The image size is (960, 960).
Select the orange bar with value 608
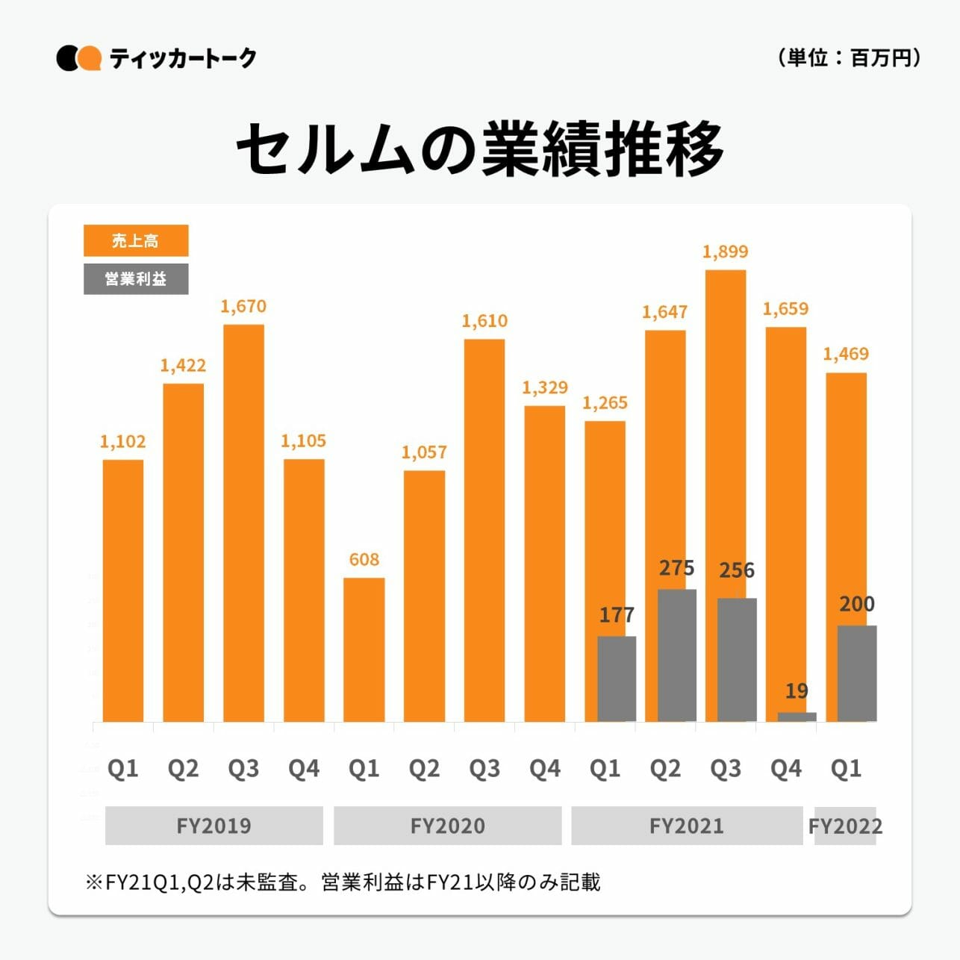pyautogui.click(x=364, y=649)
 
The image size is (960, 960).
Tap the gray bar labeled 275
pyautogui.click(x=677, y=655)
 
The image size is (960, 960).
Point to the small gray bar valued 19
pyautogui.click(x=797, y=717)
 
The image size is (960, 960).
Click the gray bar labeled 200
pyautogui.click(x=857, y=673)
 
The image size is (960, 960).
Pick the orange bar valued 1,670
pyautogui.click(x=243, y=523)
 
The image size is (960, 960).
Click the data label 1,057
pyautogui.click(x=424, y=452)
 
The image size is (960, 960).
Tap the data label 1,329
pyautogui.click(x=545, y=387)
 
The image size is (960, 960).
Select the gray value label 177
pyautogui.click(x=617, y=615)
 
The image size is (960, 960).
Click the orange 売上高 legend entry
pyautogui.click(x=136, y=240)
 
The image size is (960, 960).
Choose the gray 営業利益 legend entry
pyautogui.click(x=136, y=279)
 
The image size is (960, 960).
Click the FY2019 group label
pyautogui.click(x=213, y=826)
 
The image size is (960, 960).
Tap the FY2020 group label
pyautogui.click(x=447, y=826)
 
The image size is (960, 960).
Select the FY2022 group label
pyautogui.click(x=845, y=826)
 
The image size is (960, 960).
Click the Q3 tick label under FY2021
pyautogui.click(x=726, y=768)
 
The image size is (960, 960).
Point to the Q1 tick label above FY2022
pyautogui.click(x=846, y=768)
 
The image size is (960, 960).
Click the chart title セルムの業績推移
pyautogui.click(x=480, y=149)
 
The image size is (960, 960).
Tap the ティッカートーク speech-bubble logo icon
pyautogui.click(x=78, y=58)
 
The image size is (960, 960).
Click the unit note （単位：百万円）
pyautogui.click(x=849, y=57)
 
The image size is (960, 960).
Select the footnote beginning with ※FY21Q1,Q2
pyautogui.click(x=343, y=882)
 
